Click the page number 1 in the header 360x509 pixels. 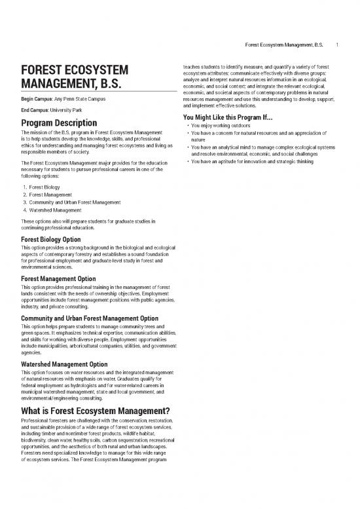[336, 45]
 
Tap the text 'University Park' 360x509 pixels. [67, 110]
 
